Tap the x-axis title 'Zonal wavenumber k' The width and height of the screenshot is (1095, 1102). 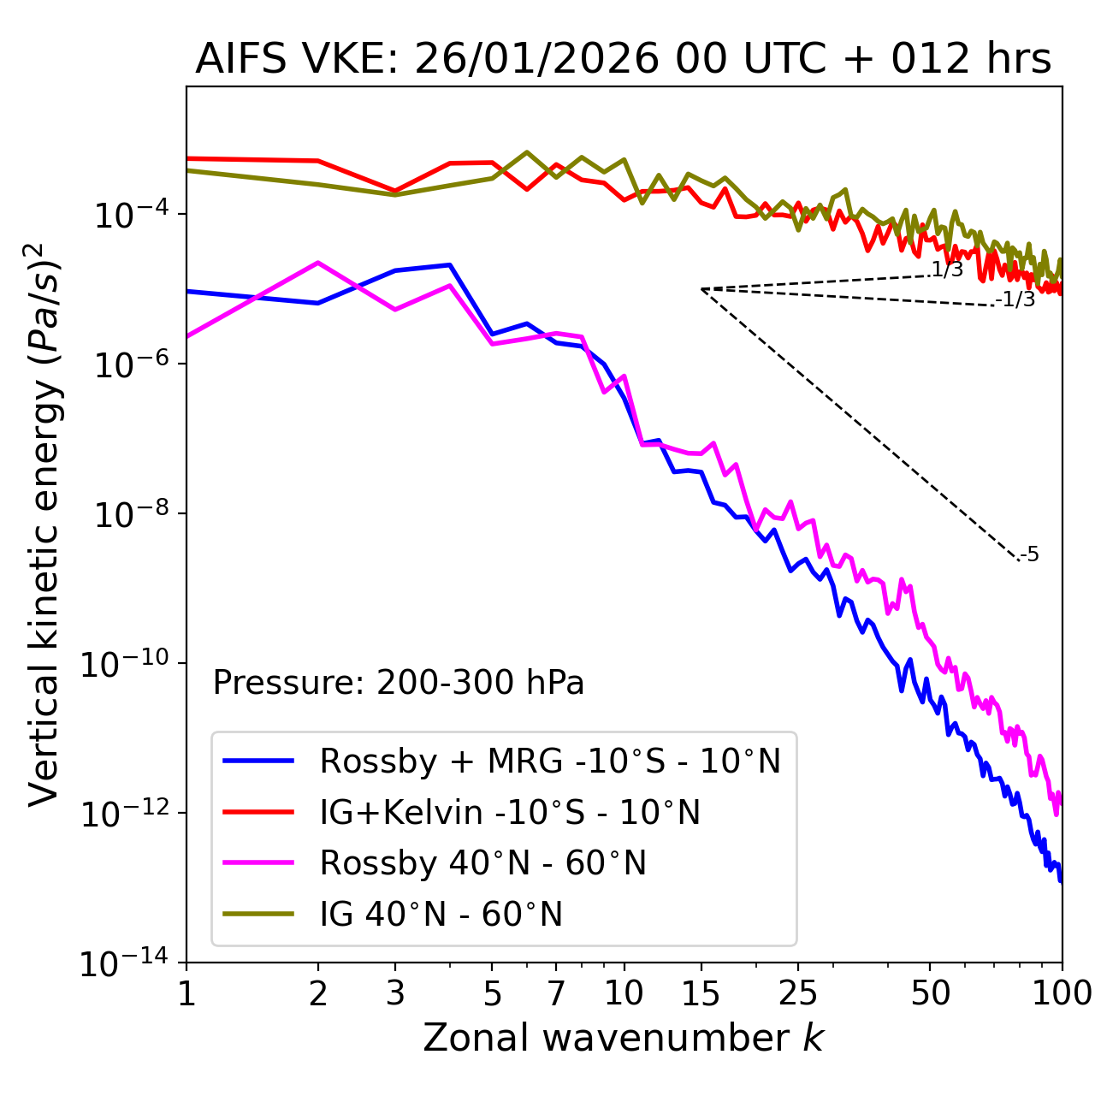623,1038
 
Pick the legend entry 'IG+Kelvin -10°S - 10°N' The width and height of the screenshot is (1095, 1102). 510,812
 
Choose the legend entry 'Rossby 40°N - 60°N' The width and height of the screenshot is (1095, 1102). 482,863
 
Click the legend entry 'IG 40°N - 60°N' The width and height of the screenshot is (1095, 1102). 441,915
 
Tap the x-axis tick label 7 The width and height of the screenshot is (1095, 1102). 556,993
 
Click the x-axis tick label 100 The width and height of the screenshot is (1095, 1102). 1062,993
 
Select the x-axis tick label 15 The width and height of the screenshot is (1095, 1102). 701,993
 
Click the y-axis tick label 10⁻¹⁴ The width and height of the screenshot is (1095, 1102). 125,963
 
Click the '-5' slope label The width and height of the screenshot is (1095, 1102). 1030,555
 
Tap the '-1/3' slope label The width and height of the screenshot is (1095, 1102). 1016,299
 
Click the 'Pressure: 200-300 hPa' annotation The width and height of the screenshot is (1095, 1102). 398,683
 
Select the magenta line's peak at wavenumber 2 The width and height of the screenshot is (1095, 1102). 318,263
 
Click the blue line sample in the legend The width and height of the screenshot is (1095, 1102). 258,761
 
